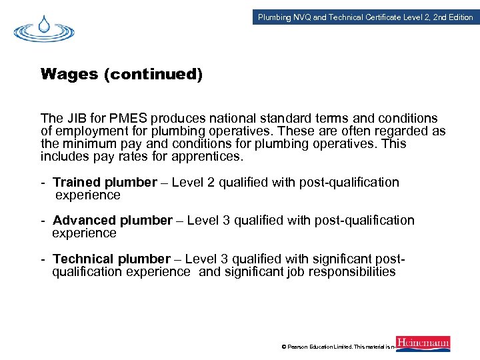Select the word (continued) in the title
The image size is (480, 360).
click(x=153, y=75)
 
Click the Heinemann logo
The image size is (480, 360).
click(x=423, y=344)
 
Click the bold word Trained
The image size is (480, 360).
click(x=77, y=182)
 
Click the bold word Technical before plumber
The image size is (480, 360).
click(x=83, y=259)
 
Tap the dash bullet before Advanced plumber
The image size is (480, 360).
click(x=43, y=221)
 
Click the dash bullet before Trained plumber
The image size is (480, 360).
click(x=43, y=183)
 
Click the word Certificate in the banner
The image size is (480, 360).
click(x=385, y=17)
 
